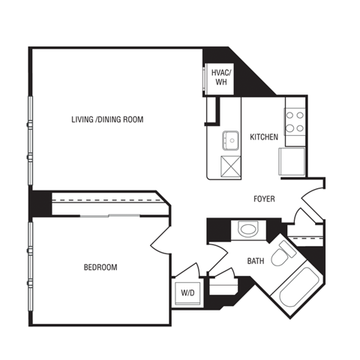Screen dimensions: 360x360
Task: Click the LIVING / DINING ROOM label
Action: (106, 119)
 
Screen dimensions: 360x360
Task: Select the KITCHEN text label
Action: (264, 137)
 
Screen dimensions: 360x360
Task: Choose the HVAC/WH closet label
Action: (220, 77)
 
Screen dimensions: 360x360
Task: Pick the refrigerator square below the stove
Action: (292, 160)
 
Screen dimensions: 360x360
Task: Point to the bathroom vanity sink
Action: (246, 229)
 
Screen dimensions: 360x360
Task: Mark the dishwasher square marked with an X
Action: (228, 165)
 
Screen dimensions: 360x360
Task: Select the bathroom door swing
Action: (219, 231)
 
